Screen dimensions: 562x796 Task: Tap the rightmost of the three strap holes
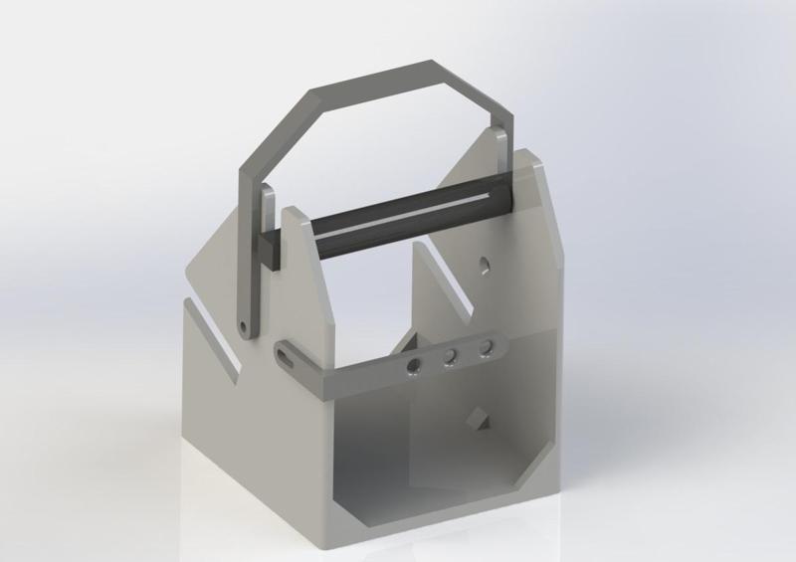click(x=486, y=347)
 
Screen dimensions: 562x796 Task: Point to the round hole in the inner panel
click(x=484, y=265)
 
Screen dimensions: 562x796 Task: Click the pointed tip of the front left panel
click(x=292, y=209)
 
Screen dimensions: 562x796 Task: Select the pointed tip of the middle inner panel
click(x=417, y=244)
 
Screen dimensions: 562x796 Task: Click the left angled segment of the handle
click(x=273, y=130)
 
